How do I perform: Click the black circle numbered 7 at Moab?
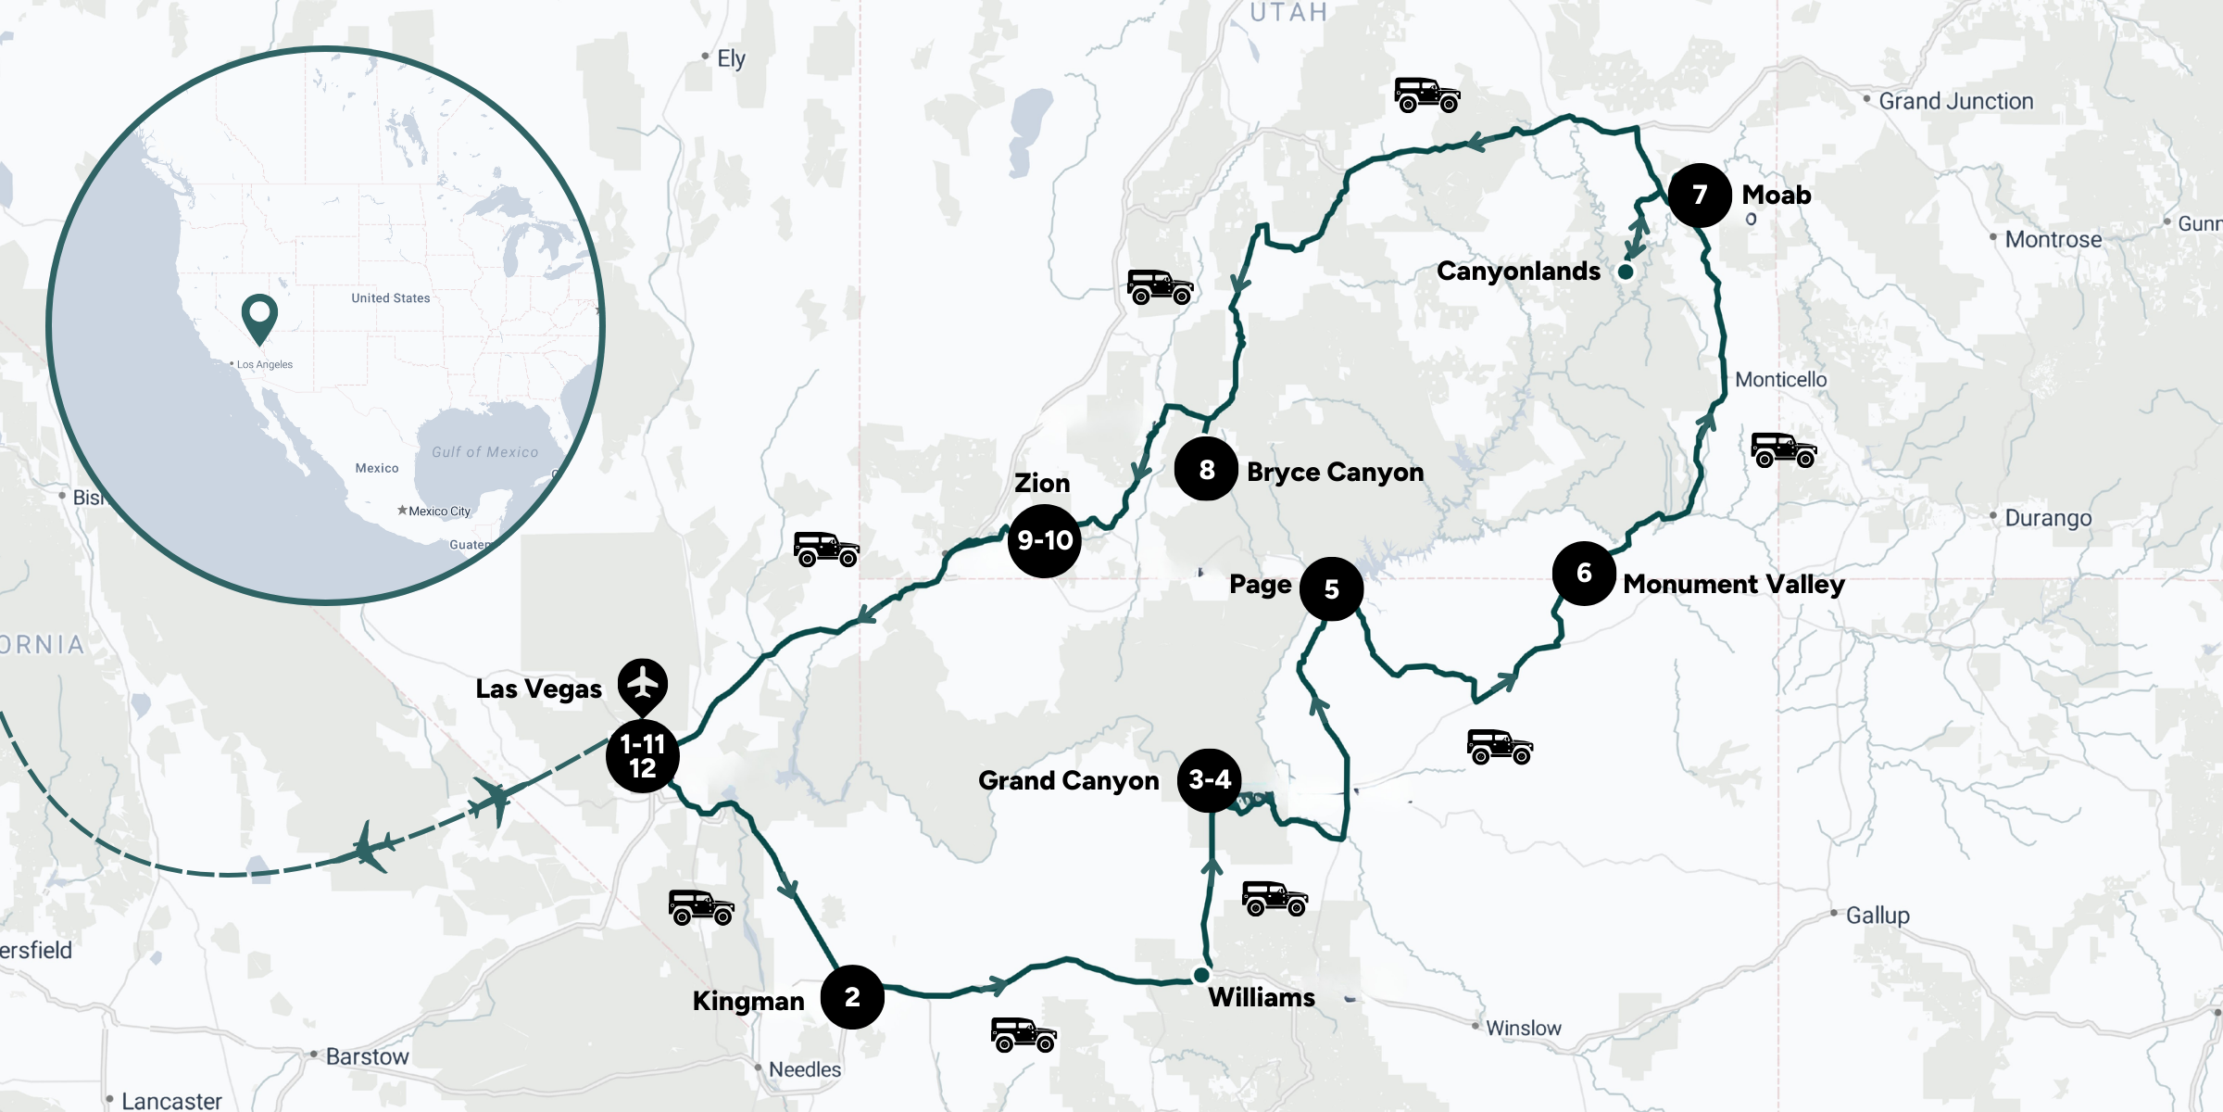click(1700, 195)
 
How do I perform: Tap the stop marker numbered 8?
click(1206, 470)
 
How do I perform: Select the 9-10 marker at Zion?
click(1045, 540)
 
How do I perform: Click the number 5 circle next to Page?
click(1331, 589)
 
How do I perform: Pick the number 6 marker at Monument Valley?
click(1584, 574)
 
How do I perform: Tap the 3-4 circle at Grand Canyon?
click(1210, 780)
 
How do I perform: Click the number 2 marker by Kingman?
click(852, 997)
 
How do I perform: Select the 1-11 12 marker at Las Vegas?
click(643, 756)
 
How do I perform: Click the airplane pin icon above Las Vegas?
click(643, 685)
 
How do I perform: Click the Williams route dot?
click(1201, 975)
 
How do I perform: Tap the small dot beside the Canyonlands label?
click(1626, 272)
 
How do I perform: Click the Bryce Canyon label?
click(1335, 472)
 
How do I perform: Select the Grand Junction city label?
click(1955, 101)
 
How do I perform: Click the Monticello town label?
click(1780, 379)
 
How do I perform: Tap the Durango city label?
click(2048, 518)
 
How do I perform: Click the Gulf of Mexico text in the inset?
click(484, 452)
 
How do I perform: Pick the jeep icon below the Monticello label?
click(1784, 450)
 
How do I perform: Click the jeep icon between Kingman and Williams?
click(1024, 1034)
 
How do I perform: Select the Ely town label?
click(731, 58)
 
